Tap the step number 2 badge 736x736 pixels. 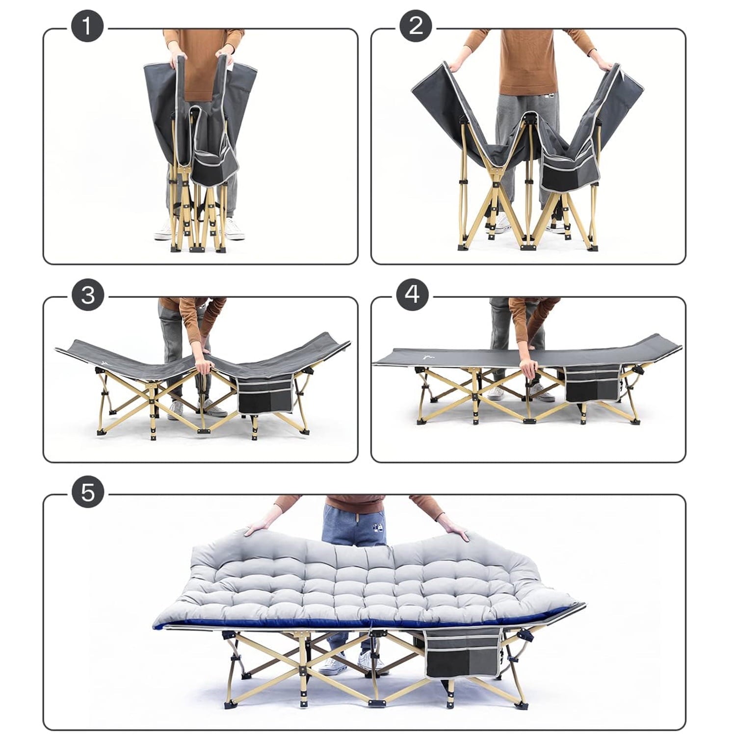(x=416, y=26)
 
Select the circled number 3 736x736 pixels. (x=88, y=295)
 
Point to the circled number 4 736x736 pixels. (x=413, y=294)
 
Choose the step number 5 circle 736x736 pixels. (x=88, y=492)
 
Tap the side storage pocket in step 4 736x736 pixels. (x=593, y=383)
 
